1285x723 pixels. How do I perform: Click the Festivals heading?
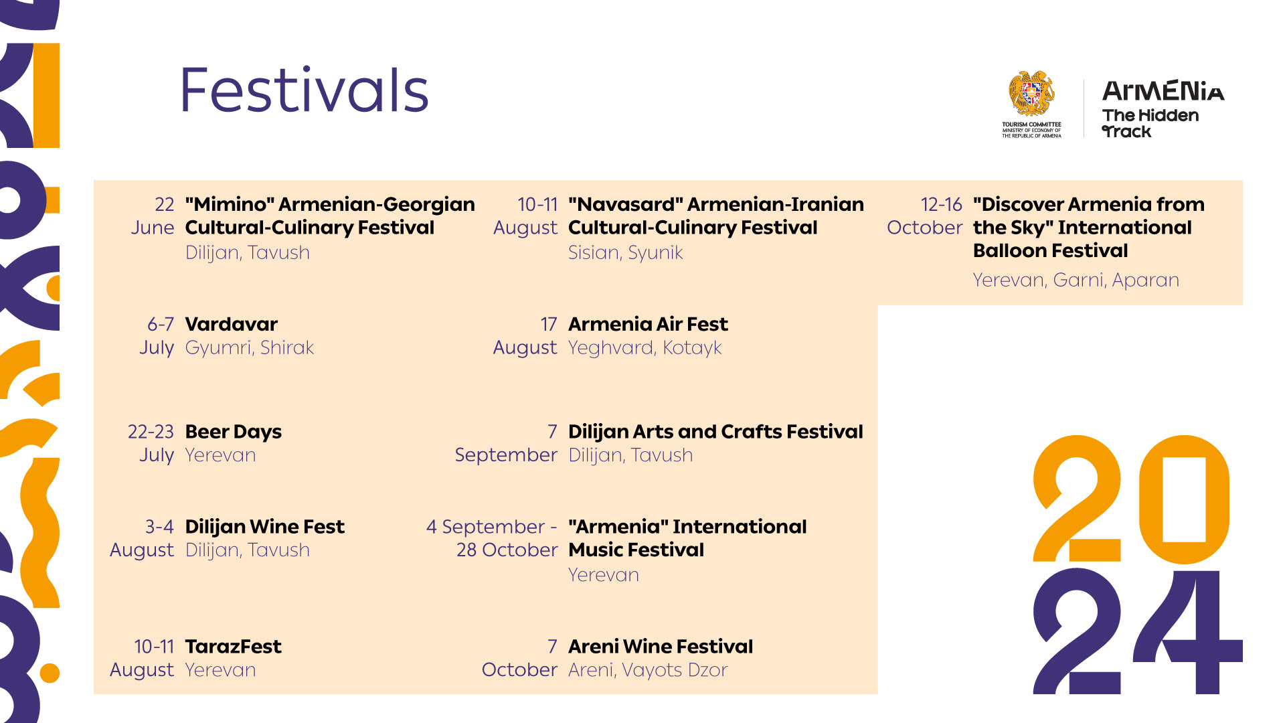[305, 90]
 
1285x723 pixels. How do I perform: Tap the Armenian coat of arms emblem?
[1031, 94]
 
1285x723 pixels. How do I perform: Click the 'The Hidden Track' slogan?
[1150, 123]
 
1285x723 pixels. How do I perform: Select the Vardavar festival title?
[232, 324]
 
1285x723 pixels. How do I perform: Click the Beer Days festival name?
[234, 432]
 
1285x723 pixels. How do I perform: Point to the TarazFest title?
[234, 646]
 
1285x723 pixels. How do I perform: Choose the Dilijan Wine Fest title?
[265, 527]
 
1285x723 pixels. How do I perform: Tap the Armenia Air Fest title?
[648, 324]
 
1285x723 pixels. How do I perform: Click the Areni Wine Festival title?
[661, 646]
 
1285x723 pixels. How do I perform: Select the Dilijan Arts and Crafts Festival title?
[715, 432]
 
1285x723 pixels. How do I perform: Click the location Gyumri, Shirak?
[250, 348]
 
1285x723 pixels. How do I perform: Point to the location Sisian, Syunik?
[626, 253]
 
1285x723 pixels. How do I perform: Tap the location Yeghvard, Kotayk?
[645, 348]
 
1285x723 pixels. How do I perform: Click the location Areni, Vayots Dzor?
[648, 670]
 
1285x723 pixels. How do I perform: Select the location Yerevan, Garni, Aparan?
[1076, 280]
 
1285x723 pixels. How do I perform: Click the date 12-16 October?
[925, 216]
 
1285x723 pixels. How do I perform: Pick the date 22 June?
[153, 216]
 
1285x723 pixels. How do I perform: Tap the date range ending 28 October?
[492, 538]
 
